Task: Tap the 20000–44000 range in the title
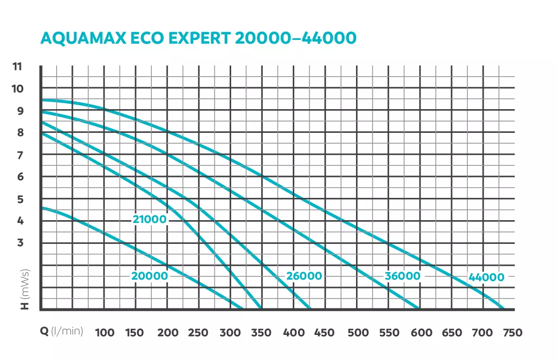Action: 296,38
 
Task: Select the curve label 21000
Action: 149,220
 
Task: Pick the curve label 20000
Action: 149,276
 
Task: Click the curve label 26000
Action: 304,276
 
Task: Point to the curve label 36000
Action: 402,276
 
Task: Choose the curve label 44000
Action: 486,278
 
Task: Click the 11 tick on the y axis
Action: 17,66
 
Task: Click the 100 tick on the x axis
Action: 105,333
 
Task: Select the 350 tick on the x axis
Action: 261,333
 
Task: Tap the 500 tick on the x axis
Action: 358,333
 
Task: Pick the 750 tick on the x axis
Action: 512,333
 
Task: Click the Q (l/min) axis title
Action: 62,332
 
